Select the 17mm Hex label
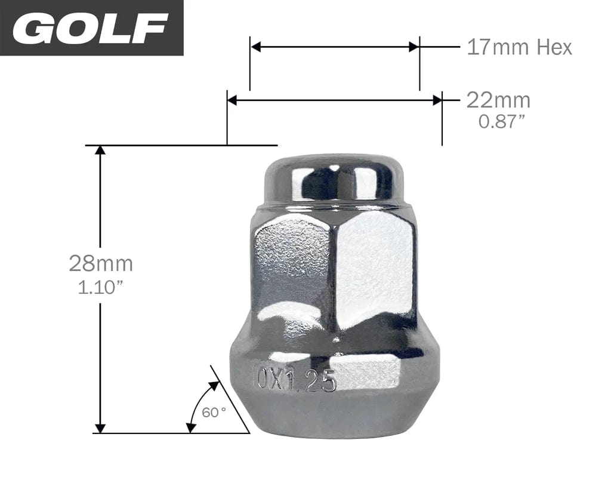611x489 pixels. tap(519, 47)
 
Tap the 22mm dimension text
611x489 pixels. tap(498, 100)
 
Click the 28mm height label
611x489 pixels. tap(101, 263)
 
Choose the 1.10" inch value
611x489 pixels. tap(101, 288)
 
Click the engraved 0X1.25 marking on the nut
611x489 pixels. tap(297, 380)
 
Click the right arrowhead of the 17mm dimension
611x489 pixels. tap(414, 47)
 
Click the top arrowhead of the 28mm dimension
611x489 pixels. tap(100, 150)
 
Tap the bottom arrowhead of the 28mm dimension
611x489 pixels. tap(100, 428)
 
